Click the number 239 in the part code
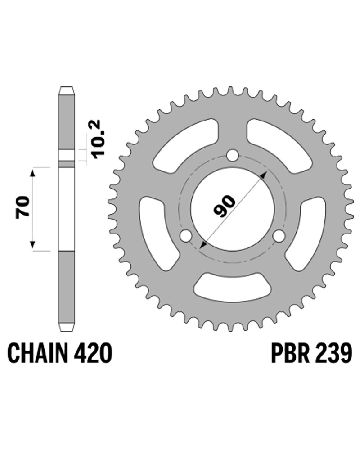point(333,353)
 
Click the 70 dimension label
point(23,207)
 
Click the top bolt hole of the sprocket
point(232,156)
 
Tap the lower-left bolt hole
point(186,236)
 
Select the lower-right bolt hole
point(279,236)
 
